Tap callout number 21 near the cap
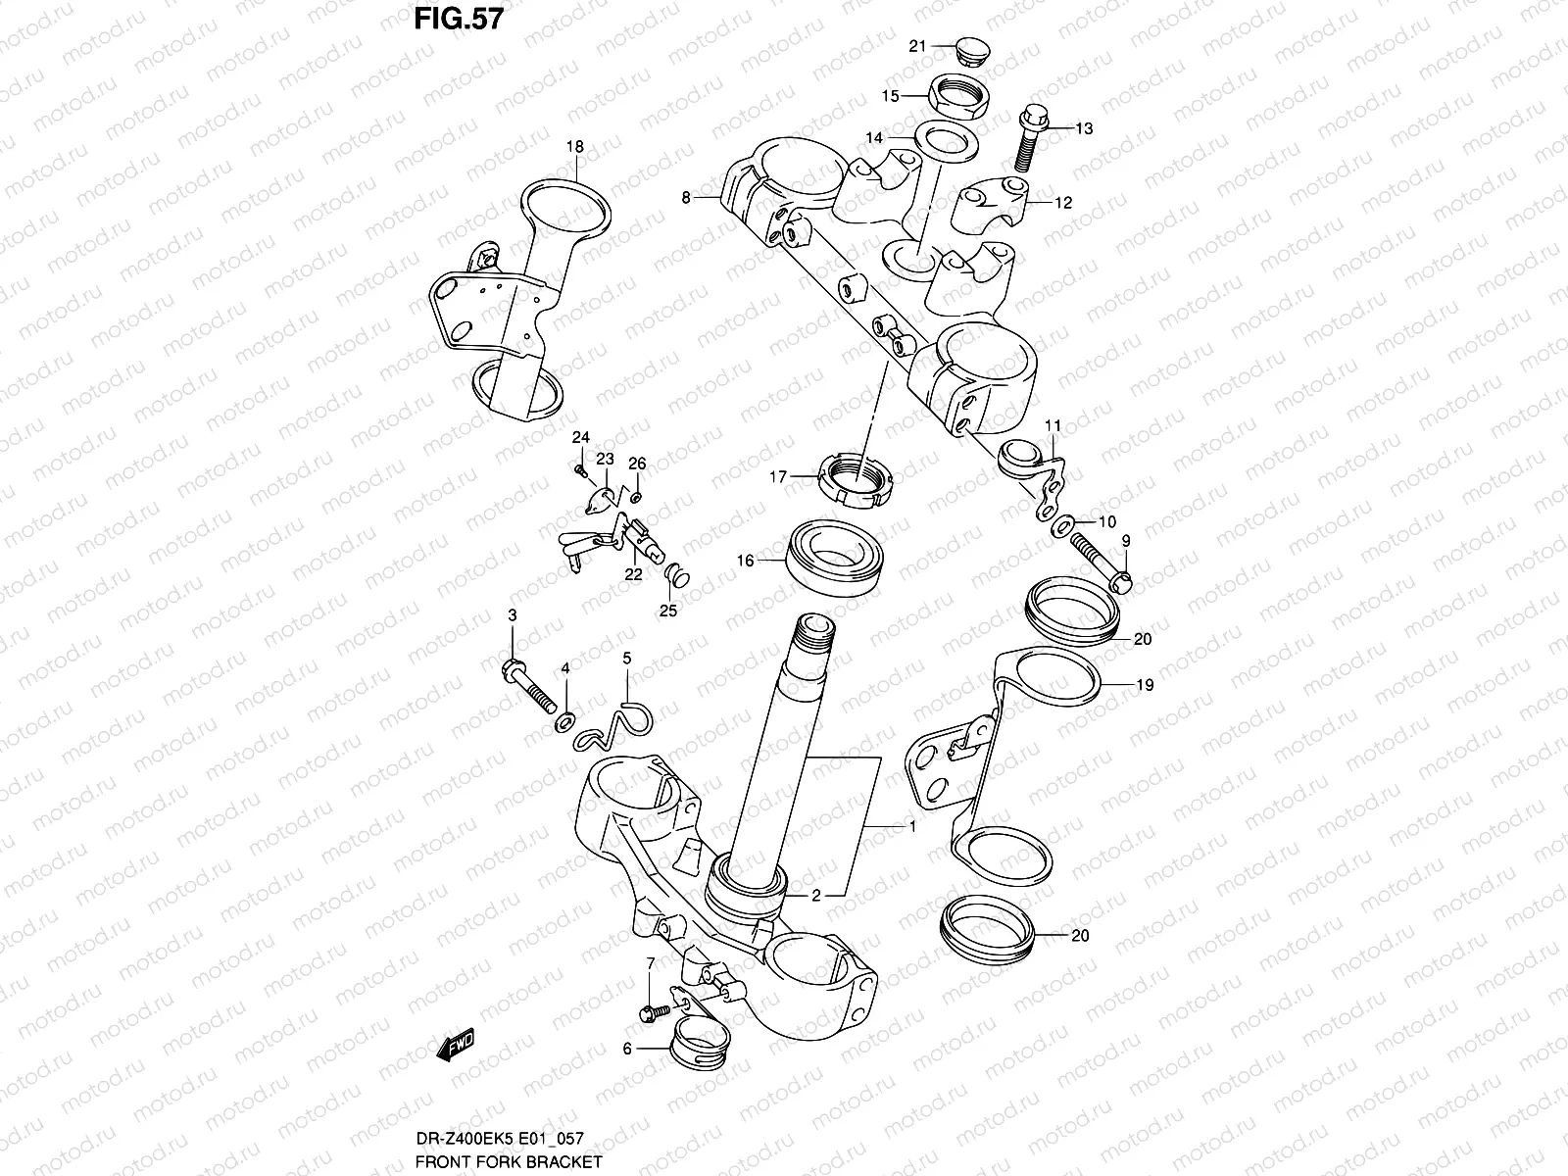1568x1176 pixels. click(917, 46)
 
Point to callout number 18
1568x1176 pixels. click(574, 147)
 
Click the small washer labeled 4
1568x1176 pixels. click(565, 723)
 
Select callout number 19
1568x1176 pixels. click(1144, 686)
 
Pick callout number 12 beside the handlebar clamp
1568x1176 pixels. click(1063, 203)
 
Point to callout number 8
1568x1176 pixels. click(687, 198)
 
